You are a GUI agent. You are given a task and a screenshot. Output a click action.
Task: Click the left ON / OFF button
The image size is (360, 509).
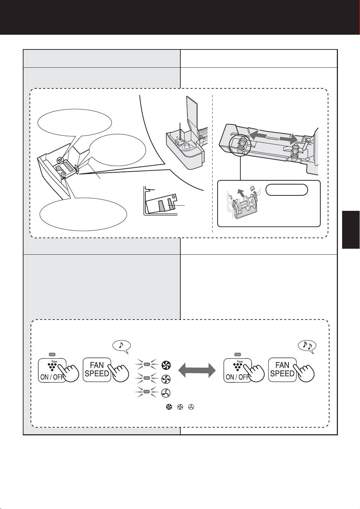coord(52,370)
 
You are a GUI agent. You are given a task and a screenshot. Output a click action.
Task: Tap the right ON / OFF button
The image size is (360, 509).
coord(238,370)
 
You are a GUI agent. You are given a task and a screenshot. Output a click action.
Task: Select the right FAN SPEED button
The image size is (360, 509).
coord(282,370)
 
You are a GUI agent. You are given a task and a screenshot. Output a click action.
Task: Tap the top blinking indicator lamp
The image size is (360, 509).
coord(147,365)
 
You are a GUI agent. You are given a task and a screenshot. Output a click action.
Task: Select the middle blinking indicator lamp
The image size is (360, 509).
coord(147,378)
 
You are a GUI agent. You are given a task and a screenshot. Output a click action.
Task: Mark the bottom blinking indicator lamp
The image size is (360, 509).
coord(147,391)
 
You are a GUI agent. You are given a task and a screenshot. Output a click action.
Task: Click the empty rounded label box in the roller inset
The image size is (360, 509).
coord(287,190)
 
